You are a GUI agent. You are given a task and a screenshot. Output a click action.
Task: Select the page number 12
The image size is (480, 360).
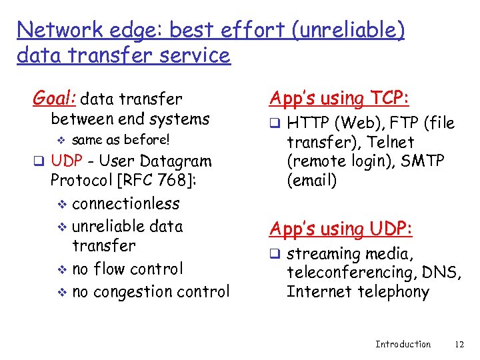point(458,344)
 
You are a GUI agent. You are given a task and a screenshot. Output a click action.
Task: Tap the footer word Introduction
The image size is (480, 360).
point(403,344)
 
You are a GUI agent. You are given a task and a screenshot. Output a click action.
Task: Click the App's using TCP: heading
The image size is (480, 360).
point(339,99)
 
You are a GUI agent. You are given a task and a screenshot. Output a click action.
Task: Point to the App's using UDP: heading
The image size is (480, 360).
point(341,229)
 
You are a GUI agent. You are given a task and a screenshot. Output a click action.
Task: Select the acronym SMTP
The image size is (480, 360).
point(423,161)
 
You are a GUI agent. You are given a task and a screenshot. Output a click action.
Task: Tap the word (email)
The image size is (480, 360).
point(312,181)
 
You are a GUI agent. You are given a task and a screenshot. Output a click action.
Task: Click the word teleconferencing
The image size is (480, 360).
point(347,272)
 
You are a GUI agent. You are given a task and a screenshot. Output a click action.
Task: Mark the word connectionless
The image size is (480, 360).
point(126,203)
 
